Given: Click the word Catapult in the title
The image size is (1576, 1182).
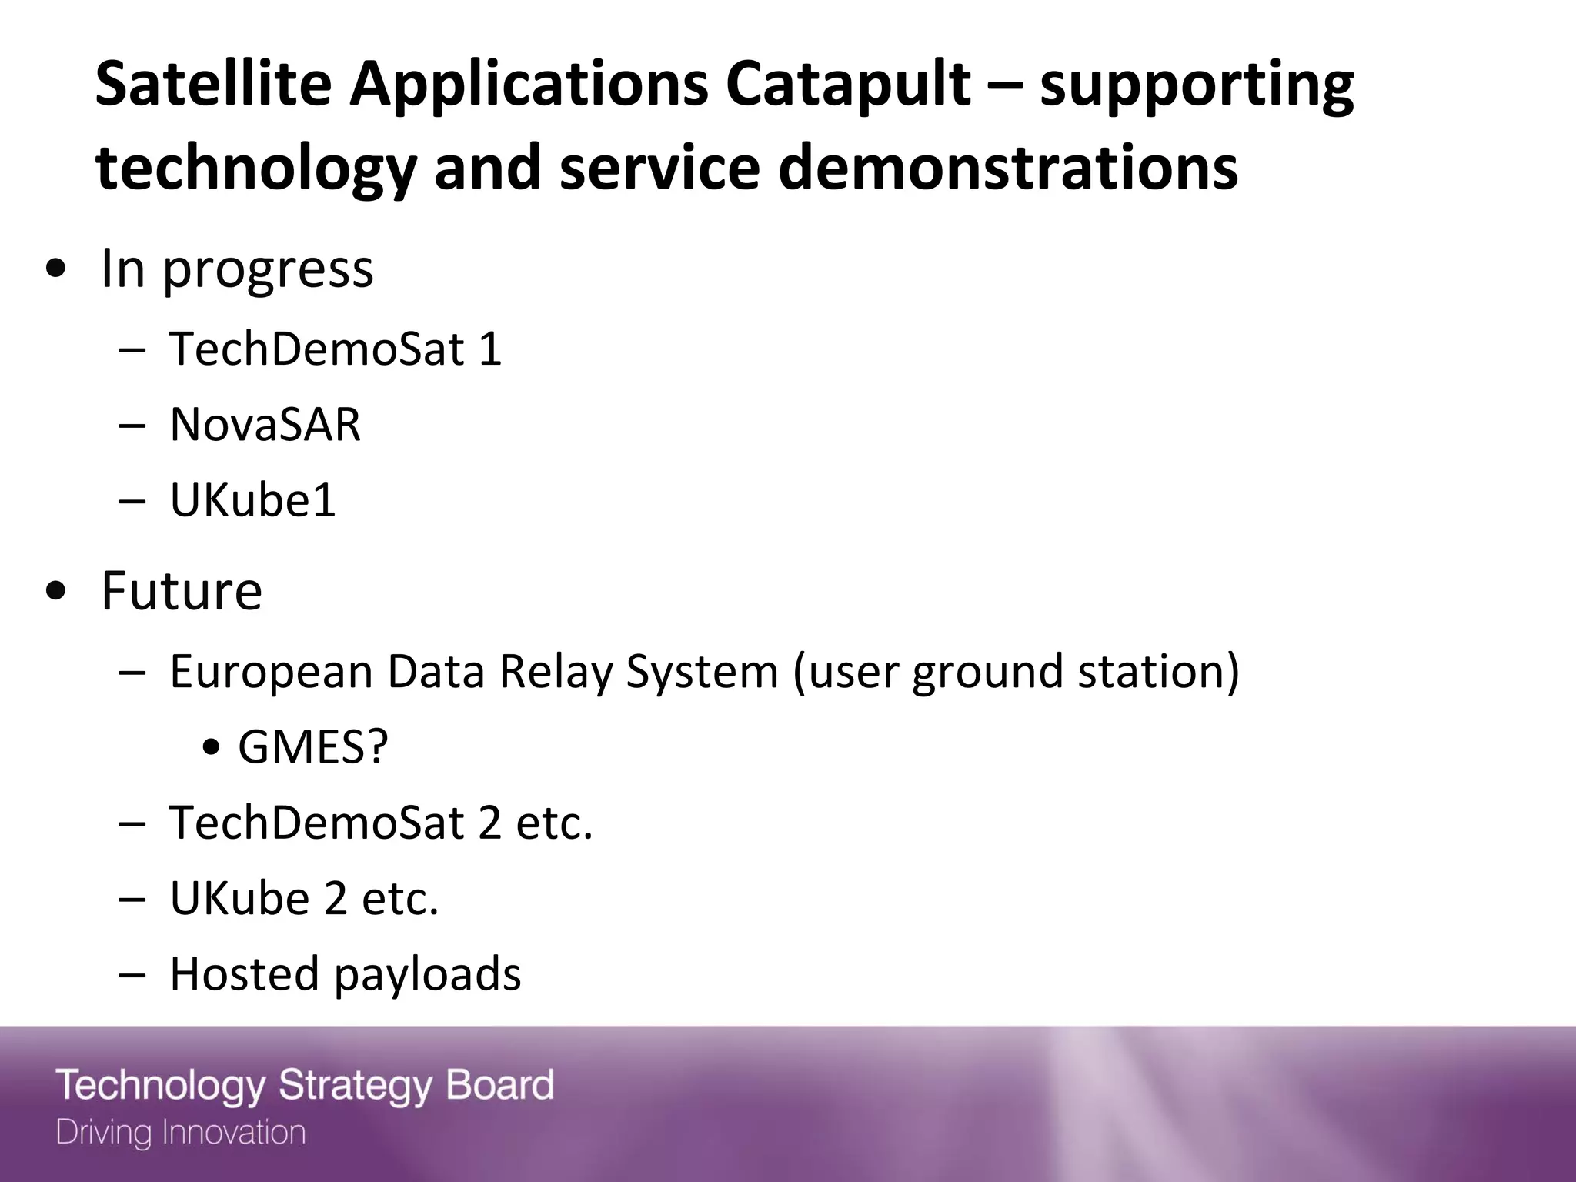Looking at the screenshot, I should point(847,85).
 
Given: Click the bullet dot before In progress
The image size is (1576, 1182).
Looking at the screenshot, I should point(55,270).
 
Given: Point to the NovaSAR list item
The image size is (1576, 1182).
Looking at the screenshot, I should point(265,424).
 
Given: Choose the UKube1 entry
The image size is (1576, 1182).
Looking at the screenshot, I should point(252,500).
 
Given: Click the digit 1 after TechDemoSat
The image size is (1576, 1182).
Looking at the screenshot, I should point(490,349).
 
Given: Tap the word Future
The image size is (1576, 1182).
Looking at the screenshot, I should point(182,591).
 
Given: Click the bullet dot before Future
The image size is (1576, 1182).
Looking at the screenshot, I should point(55,593).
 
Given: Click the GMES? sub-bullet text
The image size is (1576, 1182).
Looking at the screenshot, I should point(312,746).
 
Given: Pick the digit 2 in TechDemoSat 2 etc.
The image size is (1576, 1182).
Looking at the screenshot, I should point(490,822).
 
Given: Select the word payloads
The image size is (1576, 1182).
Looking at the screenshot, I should point(427,974).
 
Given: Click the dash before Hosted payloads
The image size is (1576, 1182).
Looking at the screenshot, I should point(132,974).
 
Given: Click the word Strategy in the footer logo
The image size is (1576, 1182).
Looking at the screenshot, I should point(355,1085).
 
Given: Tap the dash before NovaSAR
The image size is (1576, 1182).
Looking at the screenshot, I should point(132,425).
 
